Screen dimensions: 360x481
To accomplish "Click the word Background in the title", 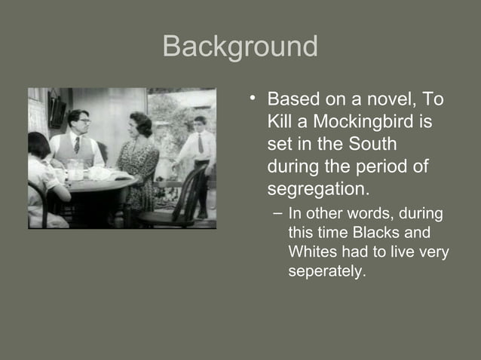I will tap(240, 47).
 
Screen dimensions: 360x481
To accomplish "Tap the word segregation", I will tap(316, 187).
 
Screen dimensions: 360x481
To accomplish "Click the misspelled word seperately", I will tap(326, 271).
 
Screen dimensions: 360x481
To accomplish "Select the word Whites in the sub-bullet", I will tap(312, 253).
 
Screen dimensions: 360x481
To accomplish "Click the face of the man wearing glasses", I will tap(78, 121).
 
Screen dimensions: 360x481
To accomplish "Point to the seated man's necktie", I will tap(77, 145).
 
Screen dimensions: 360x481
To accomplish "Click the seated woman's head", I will tap(139, 124).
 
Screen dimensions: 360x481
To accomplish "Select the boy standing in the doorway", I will tap(198, 162).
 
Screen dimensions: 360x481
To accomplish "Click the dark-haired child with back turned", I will tap(41, 177).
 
